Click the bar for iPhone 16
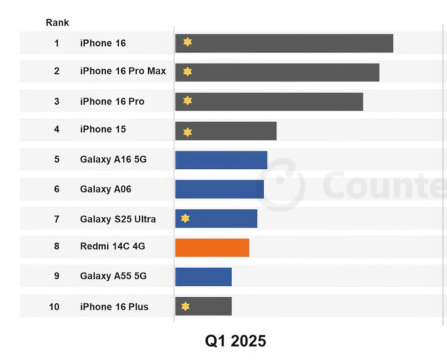tap(284, 43)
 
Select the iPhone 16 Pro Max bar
tap(277, 72)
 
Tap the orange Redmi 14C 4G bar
tap(212, 248)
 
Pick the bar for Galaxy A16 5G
tap(221, 160)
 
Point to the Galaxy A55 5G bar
tap(203, 277)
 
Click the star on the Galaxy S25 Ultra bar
tap(186, 218)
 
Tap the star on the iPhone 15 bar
tap(187, 132)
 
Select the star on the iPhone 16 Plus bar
tap(186, 306)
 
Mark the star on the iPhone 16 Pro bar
tap(187, 101)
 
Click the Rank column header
tap(57, 23)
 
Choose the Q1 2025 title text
tap(235, 341)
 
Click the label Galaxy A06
tap(106, 189)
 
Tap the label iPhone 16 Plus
tap(114, 307)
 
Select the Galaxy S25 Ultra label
tap(118, 219)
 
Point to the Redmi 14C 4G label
tap(113, 247)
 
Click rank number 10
tap(54, 307)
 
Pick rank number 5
tap(57, 159)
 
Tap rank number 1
tap(57, 43)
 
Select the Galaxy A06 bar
tap(219, 189)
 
